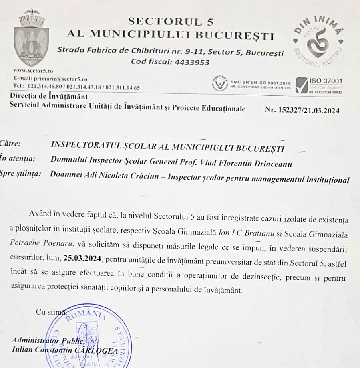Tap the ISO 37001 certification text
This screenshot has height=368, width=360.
pos(326,81)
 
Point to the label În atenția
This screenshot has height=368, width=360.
pos(18,158)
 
